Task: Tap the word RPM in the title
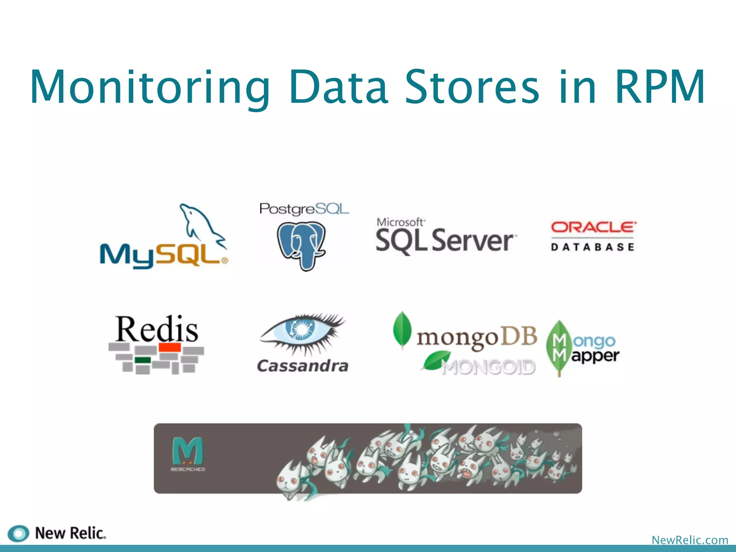(x=660, y=87)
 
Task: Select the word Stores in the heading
(x=472, y=87)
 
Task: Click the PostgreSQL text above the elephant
(x=304, y=209)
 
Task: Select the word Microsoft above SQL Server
(x=400, y=222)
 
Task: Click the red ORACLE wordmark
(x=593, y=227)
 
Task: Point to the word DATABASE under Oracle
(x=593, y=247)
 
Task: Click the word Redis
(x=157, y=329)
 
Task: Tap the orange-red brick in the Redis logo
(x=170, y=347)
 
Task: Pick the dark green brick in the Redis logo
(x=143, y=360)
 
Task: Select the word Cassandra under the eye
(x=303, y=366)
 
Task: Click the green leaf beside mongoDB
(x=402, y=330)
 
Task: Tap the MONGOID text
(x=488, y=367)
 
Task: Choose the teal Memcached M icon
(x=188, y=451)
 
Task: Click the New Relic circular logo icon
(x=18, y=533)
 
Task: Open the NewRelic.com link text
(x=690, y=540)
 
